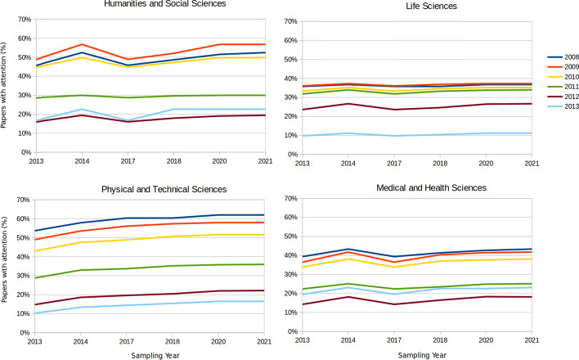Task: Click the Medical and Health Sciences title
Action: (431, 188)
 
